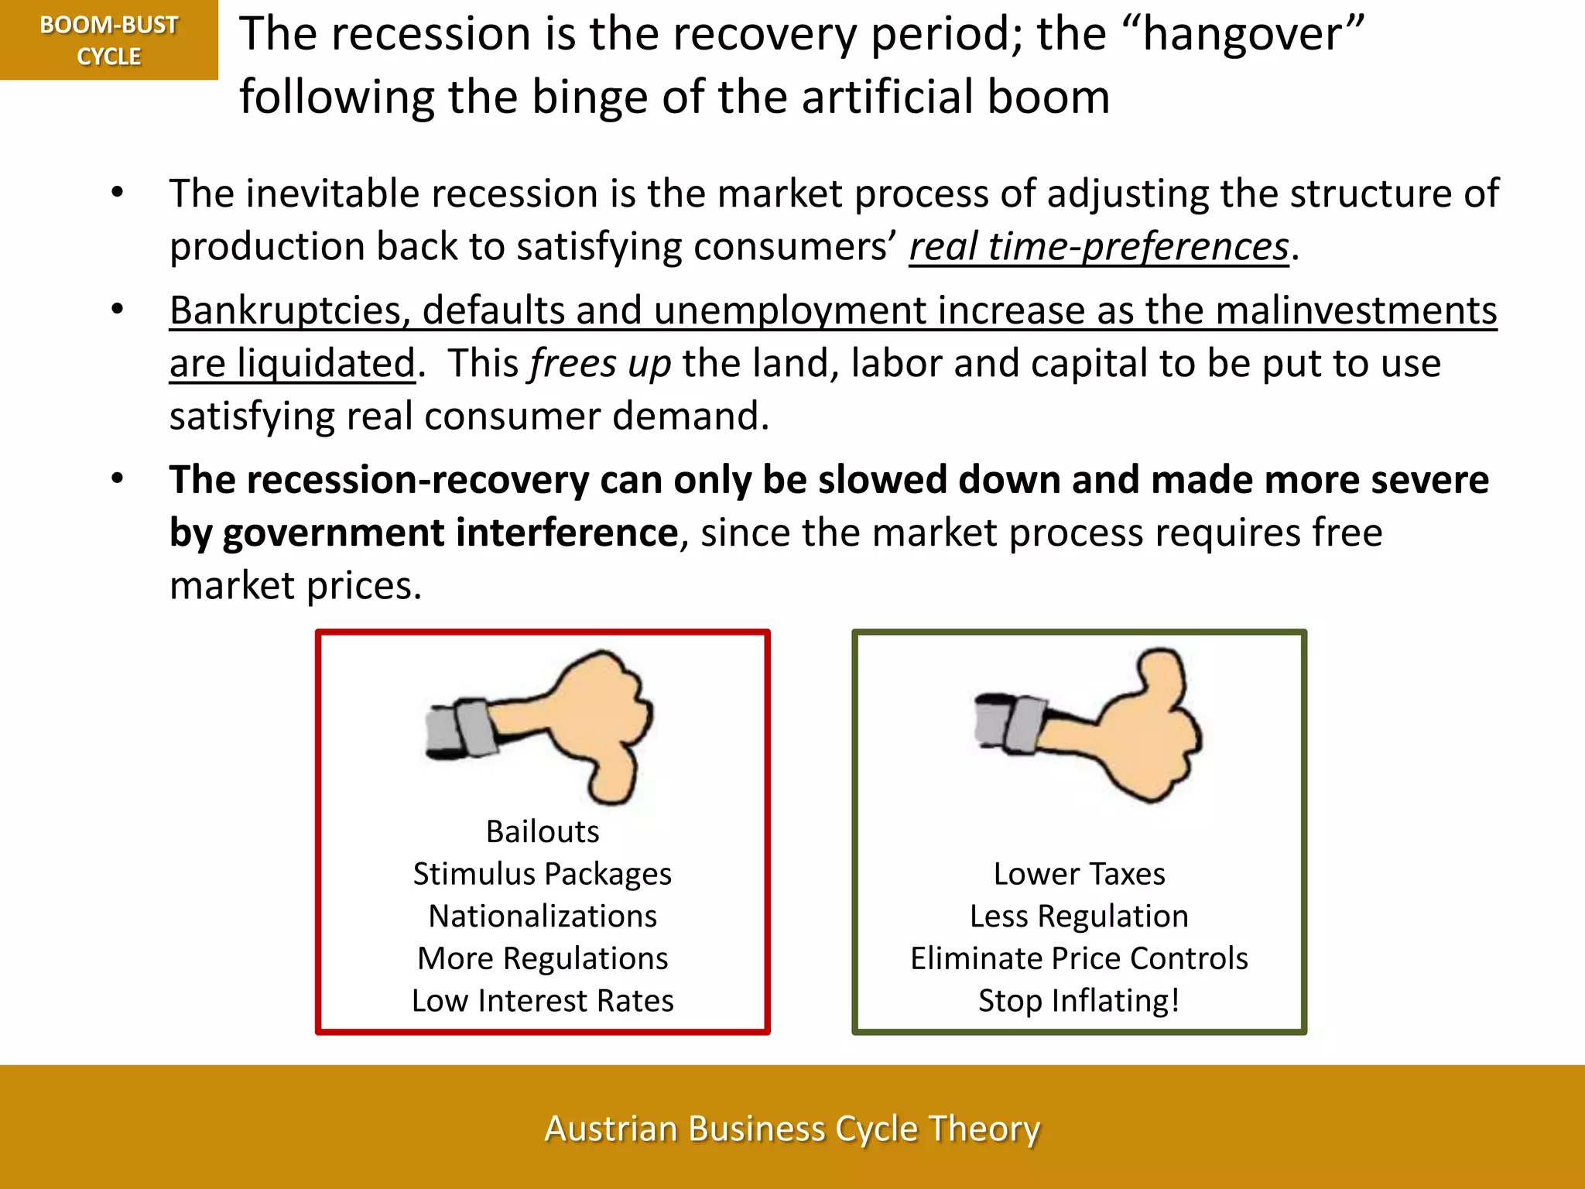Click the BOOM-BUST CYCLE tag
(109, 40)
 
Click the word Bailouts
(543, 831)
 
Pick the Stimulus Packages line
(543, 874)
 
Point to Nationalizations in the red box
(543, 917)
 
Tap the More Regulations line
(543, 958)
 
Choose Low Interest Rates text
(543, 1001)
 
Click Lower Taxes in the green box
(1079, 874)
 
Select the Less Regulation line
(1079, 917)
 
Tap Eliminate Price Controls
(1079, 958)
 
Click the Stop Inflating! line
(1079, 1001)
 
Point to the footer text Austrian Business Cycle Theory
(792, 1129)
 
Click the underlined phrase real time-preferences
(1099, 247)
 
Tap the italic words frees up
(600, 364)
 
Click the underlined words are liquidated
(293, 364)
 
